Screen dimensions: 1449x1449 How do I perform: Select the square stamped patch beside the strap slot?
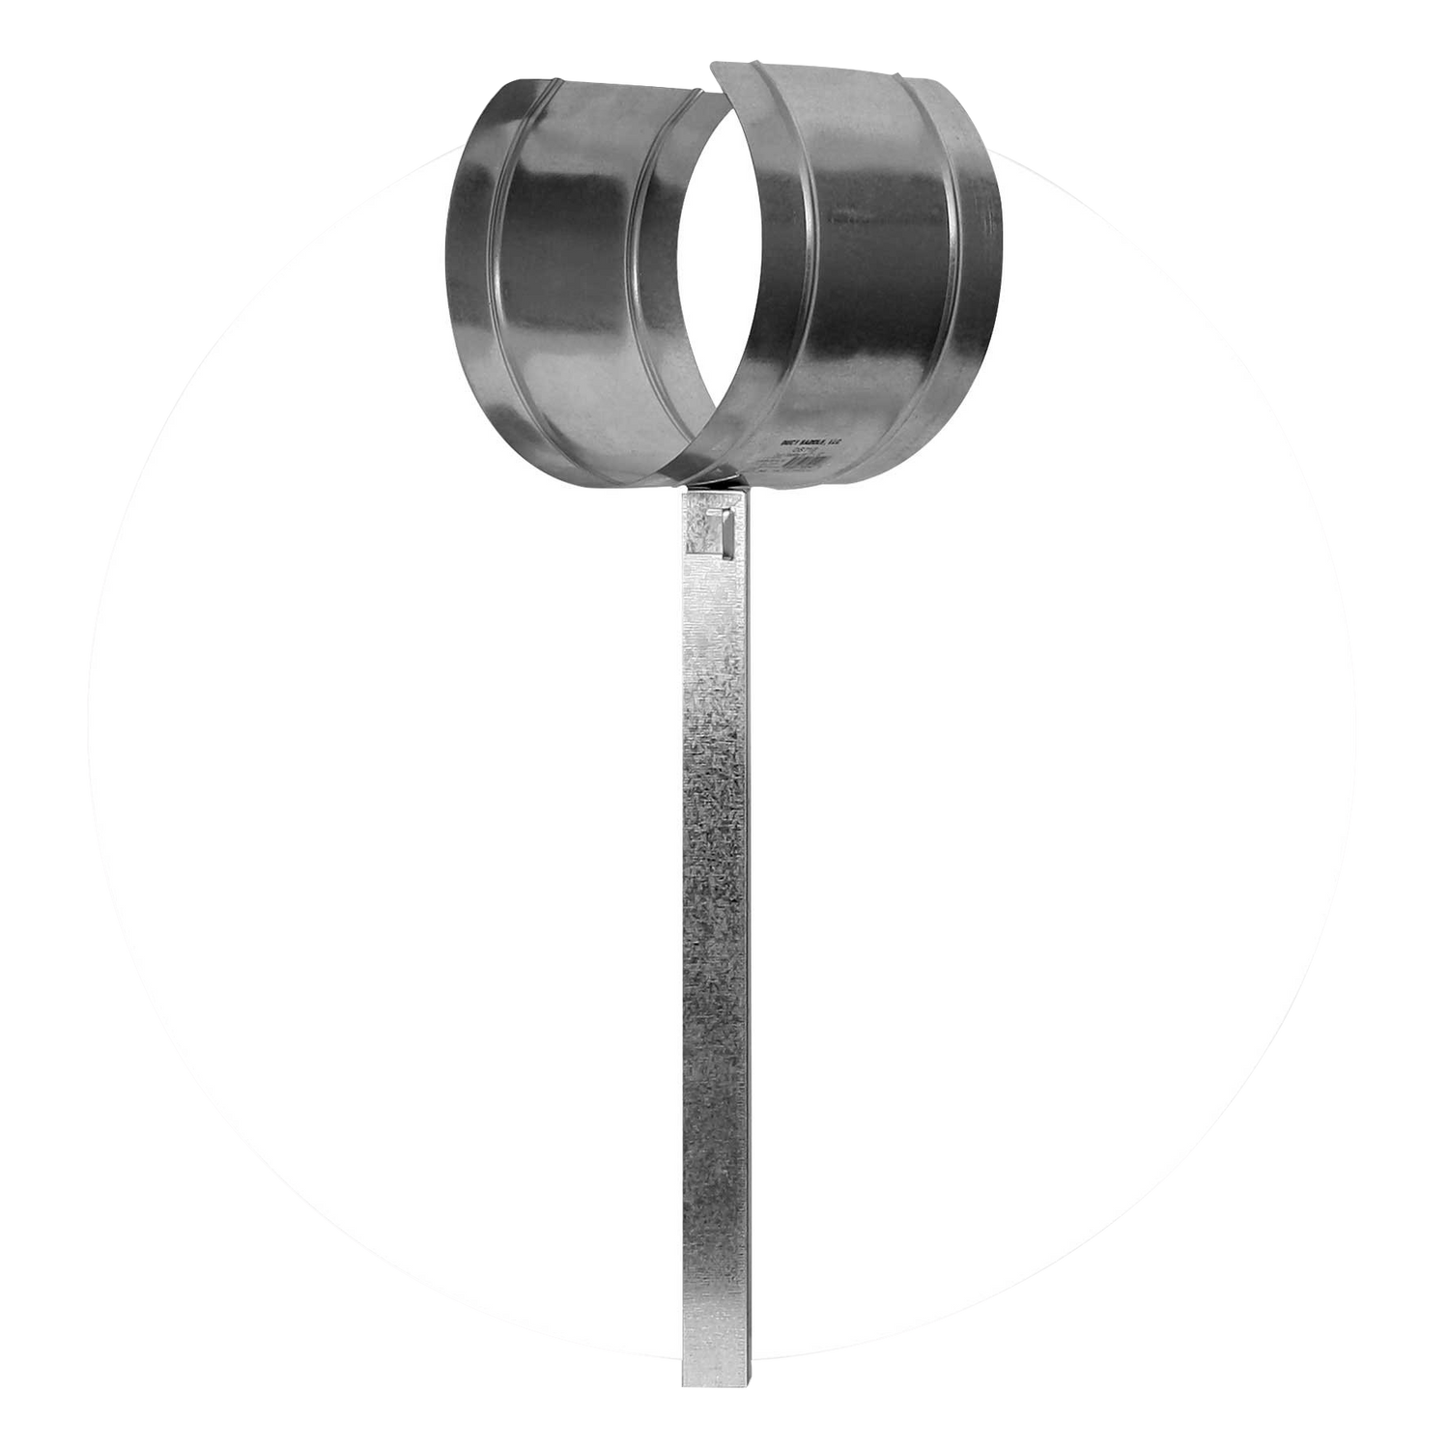tap(696, 534)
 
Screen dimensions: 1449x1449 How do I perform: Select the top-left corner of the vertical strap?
tap(683, 490)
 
